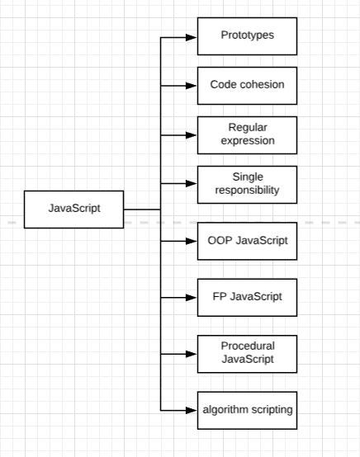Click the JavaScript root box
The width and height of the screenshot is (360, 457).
coord(73,210)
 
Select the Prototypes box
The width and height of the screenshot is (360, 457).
coord(247,36)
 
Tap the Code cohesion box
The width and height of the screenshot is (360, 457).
coord(247,86)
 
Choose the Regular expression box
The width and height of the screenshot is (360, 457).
coord(247,135)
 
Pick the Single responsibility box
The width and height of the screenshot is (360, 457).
coord(247,185)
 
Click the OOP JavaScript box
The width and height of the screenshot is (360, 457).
coord(247,241)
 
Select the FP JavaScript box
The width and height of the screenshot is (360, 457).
coord(247,298)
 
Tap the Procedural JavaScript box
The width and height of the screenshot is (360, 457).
coord(247,354)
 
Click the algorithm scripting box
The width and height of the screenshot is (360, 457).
coord(247,410)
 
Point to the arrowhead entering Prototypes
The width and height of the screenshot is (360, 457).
coord(192,37)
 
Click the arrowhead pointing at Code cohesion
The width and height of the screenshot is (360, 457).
coord(192,86)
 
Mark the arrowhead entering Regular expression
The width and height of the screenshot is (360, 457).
coord(192,135)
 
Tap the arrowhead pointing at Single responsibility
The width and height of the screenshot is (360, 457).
coord(192,184)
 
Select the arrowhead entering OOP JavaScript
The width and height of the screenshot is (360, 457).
coord(192,241)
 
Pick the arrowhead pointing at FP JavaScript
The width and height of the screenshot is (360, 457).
coord(192,298)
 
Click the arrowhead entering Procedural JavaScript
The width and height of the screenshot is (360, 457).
coord(192,354)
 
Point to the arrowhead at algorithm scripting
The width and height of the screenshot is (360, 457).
coord(192,410)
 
